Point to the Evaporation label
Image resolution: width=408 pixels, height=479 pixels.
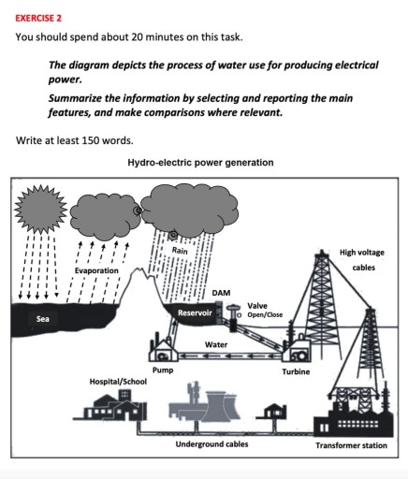[96, 270]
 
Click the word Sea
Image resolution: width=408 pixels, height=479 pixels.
[42, 319]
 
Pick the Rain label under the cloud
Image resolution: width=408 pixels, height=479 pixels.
[179, 251]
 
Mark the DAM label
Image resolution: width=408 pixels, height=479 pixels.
[221, 293]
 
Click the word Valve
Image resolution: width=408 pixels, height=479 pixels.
[256, 306]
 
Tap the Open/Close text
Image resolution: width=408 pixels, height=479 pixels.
[265, 314]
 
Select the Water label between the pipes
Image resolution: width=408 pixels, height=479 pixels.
[216, 345]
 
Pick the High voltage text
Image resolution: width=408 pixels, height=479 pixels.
[362, 252]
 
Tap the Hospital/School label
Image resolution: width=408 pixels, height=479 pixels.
[118, 384]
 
